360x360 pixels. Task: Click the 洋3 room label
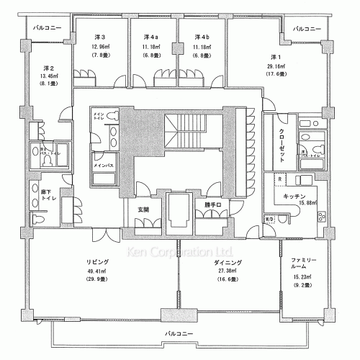[x=100, y=37]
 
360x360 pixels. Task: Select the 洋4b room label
[x=202, y=37]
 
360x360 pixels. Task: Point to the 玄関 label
[x=143, y=210]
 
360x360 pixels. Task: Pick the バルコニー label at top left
[x=48, y=29]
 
